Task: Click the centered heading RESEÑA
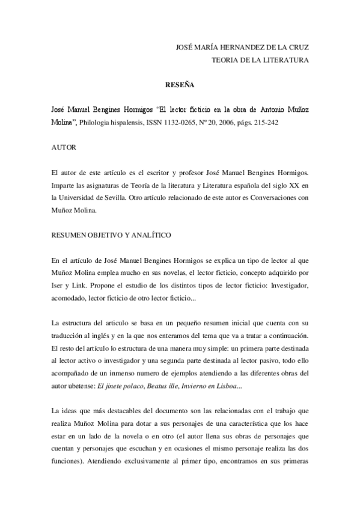[179, 85]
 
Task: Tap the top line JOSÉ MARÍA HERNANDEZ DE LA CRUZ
[241, 46]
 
